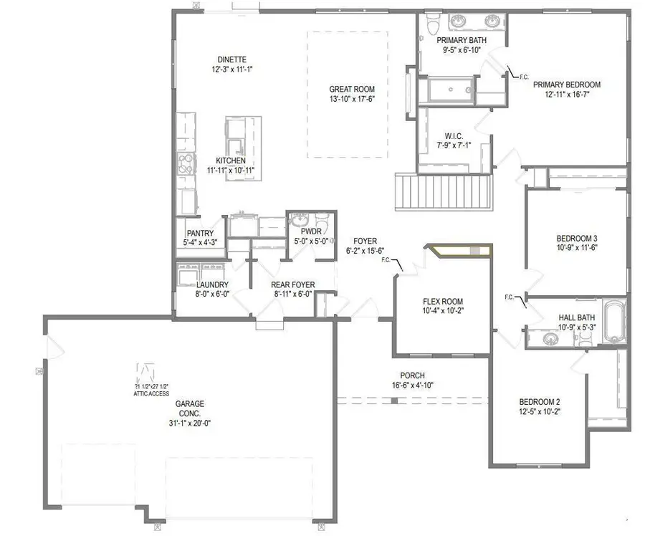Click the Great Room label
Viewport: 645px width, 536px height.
point(349,89)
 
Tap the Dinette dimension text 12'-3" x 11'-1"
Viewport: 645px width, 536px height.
point(233,70)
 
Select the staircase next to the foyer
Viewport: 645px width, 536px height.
point(444,191)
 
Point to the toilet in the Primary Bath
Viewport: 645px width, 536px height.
point(432,27)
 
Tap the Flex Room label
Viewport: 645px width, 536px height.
point(443,301)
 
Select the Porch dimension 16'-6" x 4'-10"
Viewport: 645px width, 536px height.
point(413,385)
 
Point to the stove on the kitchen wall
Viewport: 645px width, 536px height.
point(185,165)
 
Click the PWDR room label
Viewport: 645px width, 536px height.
point(310,232)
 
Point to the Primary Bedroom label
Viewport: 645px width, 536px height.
point(566,84)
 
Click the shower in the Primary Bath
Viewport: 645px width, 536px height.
point(447,91)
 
